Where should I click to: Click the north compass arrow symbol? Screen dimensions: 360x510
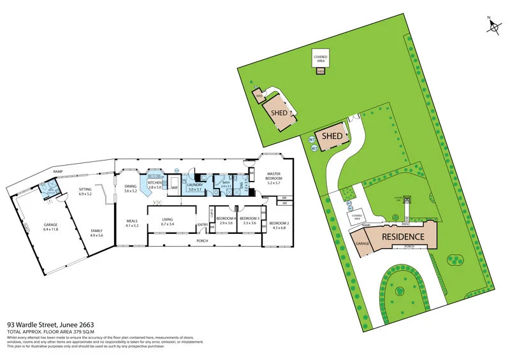tap(493, 25)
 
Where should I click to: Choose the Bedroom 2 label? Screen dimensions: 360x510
tap(279, 224)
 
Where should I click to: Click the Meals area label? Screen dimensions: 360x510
tap(132, 223)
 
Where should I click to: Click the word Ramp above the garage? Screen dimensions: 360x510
tap(58, 172)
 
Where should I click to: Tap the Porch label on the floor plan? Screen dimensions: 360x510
tap(201, 240)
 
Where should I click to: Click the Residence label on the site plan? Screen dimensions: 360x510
tap(402, 237)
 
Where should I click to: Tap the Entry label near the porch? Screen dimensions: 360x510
tap(203, 224)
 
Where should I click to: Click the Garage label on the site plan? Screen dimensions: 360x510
tap(363, 244)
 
